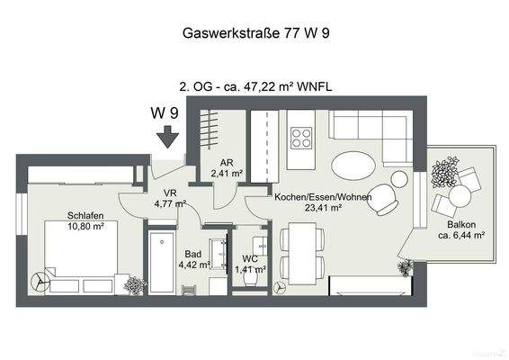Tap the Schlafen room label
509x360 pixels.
84,215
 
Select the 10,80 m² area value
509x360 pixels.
85,226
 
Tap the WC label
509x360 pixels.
250,258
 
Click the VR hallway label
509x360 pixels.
169,193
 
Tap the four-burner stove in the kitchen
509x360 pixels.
302,139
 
